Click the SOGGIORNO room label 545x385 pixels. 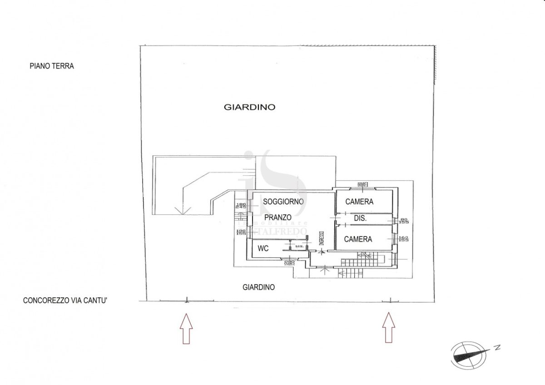283,202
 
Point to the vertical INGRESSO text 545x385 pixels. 321,239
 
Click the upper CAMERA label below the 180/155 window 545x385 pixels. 359,202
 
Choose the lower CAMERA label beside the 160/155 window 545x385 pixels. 358,239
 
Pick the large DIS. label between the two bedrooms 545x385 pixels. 360,218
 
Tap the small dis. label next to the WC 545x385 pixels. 299,247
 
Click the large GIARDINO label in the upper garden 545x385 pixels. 250,108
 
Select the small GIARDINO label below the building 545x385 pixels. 259,287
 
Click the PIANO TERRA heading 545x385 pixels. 52,66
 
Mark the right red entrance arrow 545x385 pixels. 388,328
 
